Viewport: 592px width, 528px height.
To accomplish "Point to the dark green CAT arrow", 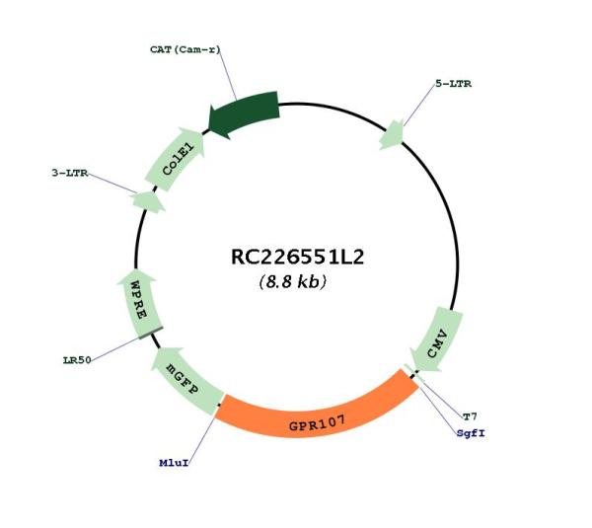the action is pyautogui.click(x=245, y=114).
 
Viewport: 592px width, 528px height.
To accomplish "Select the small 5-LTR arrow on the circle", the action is pyautogui.click(x=392, y=135).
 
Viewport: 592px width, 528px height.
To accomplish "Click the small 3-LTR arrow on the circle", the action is pyautogui.click(x=148, y=201).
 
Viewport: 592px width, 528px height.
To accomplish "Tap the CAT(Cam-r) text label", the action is pyautogui.click(x=185, y=49).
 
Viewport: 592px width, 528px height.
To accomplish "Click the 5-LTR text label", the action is pyautogui.click(x=454, y=84).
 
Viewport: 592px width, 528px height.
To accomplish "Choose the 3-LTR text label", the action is pyautogui.click(x=70, y=173).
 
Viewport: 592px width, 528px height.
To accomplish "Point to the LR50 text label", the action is pyautogui.click(x=77, y=360).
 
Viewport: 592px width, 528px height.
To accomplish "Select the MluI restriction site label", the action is pyautogui.click(x=174, y=463).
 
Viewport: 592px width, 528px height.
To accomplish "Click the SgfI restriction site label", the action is pyautogui.click(x=471, y=433).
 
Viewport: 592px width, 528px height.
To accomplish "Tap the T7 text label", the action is pyautogui.click(x=470, y=416).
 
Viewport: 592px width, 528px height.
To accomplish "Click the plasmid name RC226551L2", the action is pyautogui.click(x=297, y=258).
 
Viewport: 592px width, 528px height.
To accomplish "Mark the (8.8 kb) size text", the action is pyautogui.click(x=293, y=281).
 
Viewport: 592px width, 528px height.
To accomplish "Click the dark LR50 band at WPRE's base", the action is pyautogui.click(x=151, y=333).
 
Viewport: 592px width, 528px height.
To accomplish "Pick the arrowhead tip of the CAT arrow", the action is pyautogui.click(x=208, y=124).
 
